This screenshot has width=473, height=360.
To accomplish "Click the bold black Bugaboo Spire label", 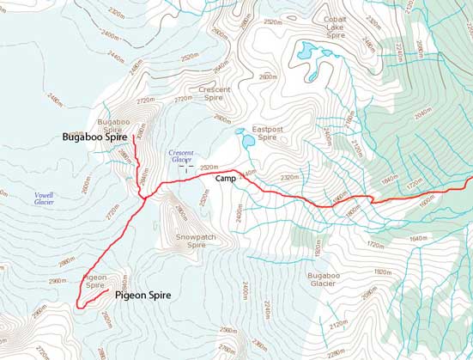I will coord(95,137).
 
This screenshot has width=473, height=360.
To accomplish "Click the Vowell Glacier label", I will coord(45,199).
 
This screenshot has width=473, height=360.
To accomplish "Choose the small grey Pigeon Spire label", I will coord(96,282).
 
